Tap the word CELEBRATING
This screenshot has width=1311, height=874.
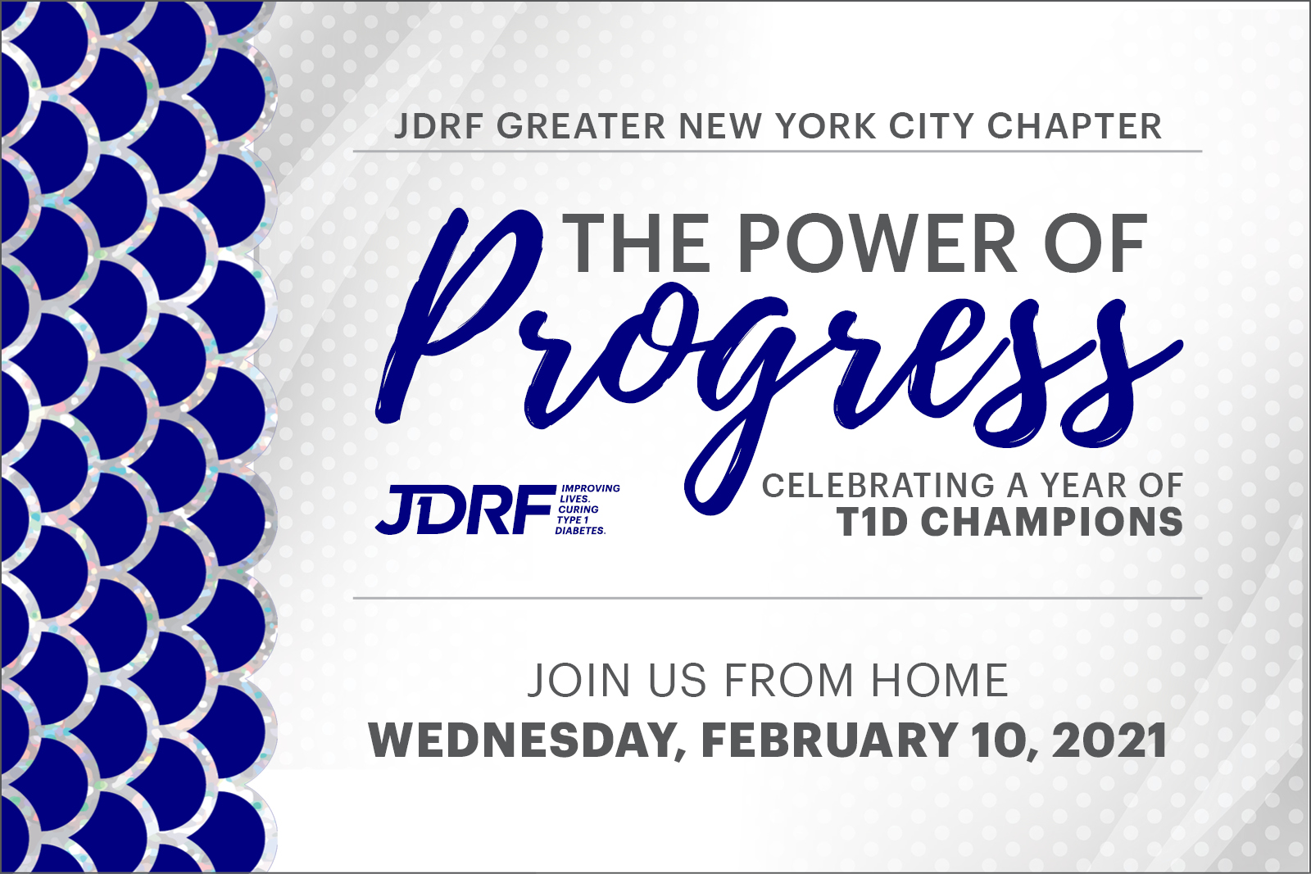point(878,486)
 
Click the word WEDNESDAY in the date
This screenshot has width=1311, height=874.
point(519,742)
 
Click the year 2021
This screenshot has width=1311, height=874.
point(1109,740)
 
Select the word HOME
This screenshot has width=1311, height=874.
point(939,680)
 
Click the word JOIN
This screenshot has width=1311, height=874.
point(578,680)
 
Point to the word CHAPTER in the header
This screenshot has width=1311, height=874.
point(1075,126)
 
